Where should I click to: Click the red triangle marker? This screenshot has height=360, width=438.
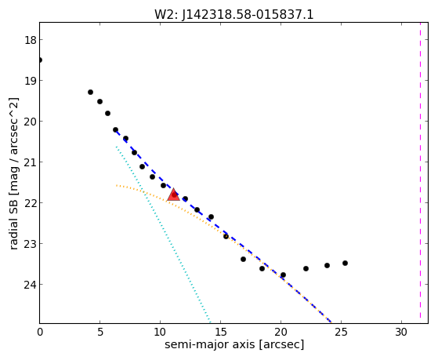point(173,195)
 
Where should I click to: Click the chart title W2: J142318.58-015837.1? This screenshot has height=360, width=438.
point(234,15)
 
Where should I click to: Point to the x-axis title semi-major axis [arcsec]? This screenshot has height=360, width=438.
point(234,344)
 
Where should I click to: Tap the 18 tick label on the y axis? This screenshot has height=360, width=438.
point(31,40)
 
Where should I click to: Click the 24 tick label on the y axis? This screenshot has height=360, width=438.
point(31,285)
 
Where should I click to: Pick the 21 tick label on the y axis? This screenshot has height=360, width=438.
point(31,162)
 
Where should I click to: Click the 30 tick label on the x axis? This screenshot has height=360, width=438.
point(401,332)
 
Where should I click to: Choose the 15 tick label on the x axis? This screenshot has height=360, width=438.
point(220,332)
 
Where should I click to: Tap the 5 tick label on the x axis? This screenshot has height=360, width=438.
point(100,332)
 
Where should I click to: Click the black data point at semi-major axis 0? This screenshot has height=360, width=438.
point(40,60)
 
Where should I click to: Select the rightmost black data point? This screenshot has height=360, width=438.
point(345,263)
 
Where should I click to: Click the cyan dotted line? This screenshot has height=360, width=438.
point(163,234)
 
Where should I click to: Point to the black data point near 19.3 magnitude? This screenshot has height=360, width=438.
point(90,92)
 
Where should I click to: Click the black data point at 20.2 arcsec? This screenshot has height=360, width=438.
point(283,275)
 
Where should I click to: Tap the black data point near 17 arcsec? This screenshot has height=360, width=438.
point(243,260)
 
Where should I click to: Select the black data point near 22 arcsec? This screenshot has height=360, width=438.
point(306,268)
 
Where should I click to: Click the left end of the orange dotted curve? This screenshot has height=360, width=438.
point(117,185)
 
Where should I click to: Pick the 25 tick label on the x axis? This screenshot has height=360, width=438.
point(341,332)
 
